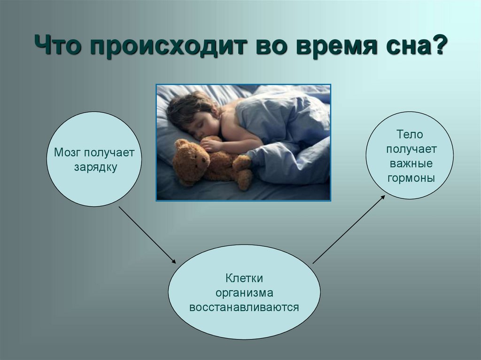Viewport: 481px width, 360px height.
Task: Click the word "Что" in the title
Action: tap(58, 45)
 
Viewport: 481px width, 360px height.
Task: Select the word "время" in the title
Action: tap(336, 46)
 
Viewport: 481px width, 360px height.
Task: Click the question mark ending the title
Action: tap(437, 45)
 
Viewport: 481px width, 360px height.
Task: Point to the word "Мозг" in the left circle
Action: tap(67, 153)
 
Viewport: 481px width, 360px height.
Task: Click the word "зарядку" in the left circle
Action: tap(95, 167)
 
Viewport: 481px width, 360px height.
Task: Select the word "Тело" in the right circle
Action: tap(410, 134)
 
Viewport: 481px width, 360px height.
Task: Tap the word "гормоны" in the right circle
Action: tap(411, 178)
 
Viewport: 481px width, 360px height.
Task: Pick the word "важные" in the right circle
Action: tap(411, 163)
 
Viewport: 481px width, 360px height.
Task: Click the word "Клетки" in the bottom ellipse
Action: tap(244, 278)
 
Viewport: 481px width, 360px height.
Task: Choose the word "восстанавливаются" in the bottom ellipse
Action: tap(244, 307)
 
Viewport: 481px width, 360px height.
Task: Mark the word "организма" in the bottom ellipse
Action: tap(244, 293)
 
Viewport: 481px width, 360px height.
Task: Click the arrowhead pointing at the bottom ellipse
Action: tap(174, 261)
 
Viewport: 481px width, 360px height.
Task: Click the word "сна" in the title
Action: tap(402, 46)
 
